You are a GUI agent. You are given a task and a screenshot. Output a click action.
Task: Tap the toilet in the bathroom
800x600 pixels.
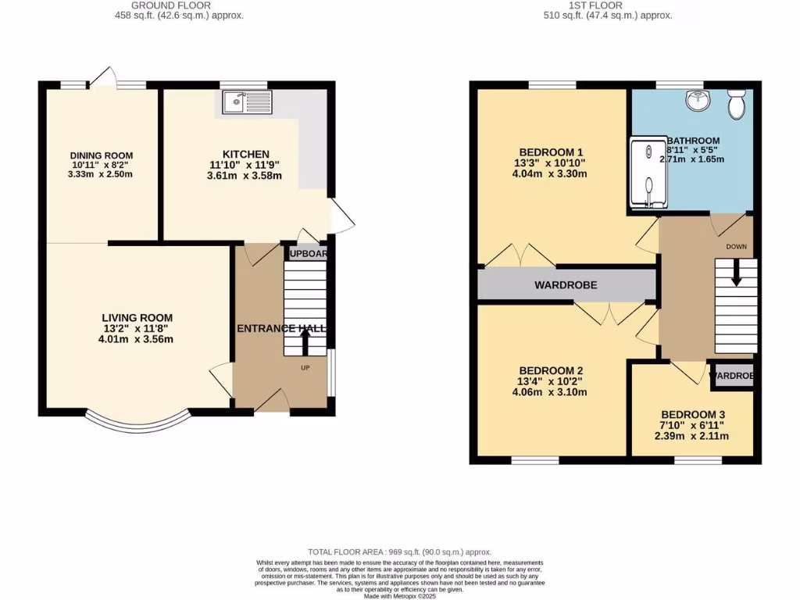click(x=735, y=104)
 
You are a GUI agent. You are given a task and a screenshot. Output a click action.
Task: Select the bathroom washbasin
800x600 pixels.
click(x=695, y=101)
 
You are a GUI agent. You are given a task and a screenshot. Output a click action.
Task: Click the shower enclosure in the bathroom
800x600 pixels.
click(x=648, y=174)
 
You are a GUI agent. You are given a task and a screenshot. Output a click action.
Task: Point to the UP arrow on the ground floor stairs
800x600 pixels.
click(x=305, y=342)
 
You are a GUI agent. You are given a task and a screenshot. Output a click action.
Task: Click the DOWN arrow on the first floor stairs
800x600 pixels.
click(x=736, y=273)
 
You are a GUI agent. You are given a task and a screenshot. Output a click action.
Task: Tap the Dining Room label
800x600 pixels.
click(x=102, y=155)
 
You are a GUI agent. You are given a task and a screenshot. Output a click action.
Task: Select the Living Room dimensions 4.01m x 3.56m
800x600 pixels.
click(x=137, y=339)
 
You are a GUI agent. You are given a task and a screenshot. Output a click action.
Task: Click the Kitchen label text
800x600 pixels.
click(x=246, y=154)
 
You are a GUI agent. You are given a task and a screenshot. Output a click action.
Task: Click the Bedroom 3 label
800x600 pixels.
click(x=693, y=414)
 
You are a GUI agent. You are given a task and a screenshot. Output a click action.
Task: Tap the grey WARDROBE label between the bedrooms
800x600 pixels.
click(x=566, y=285)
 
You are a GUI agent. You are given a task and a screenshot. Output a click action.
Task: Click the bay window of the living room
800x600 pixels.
click(x=137, y=423)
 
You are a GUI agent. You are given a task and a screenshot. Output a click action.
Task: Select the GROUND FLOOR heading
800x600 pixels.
click(x=181, y=5)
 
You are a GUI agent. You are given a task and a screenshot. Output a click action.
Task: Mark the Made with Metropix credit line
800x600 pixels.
click(x=400, y=596)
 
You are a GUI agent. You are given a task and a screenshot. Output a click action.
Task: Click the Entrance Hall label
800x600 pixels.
click(x=281, y=329)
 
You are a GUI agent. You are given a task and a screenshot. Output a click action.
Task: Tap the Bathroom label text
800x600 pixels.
click(x=693, y=141)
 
